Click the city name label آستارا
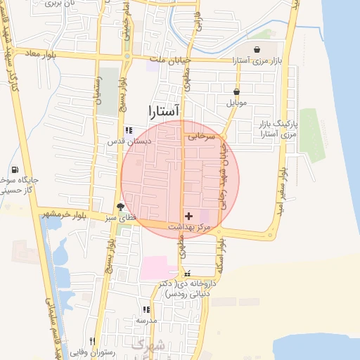coord(165,111)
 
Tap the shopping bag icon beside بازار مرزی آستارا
coord(259,50)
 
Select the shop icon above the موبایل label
coord(237,91)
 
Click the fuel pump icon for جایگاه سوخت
coord(15,169)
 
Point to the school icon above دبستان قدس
coord(128,130)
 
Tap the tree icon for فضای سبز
coord(121,207)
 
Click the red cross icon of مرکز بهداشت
coord(188,215)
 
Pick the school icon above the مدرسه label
coord(146,309)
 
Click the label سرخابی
coord(199,138)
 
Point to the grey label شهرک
coord(148,345)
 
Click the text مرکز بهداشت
coord(190,227)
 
